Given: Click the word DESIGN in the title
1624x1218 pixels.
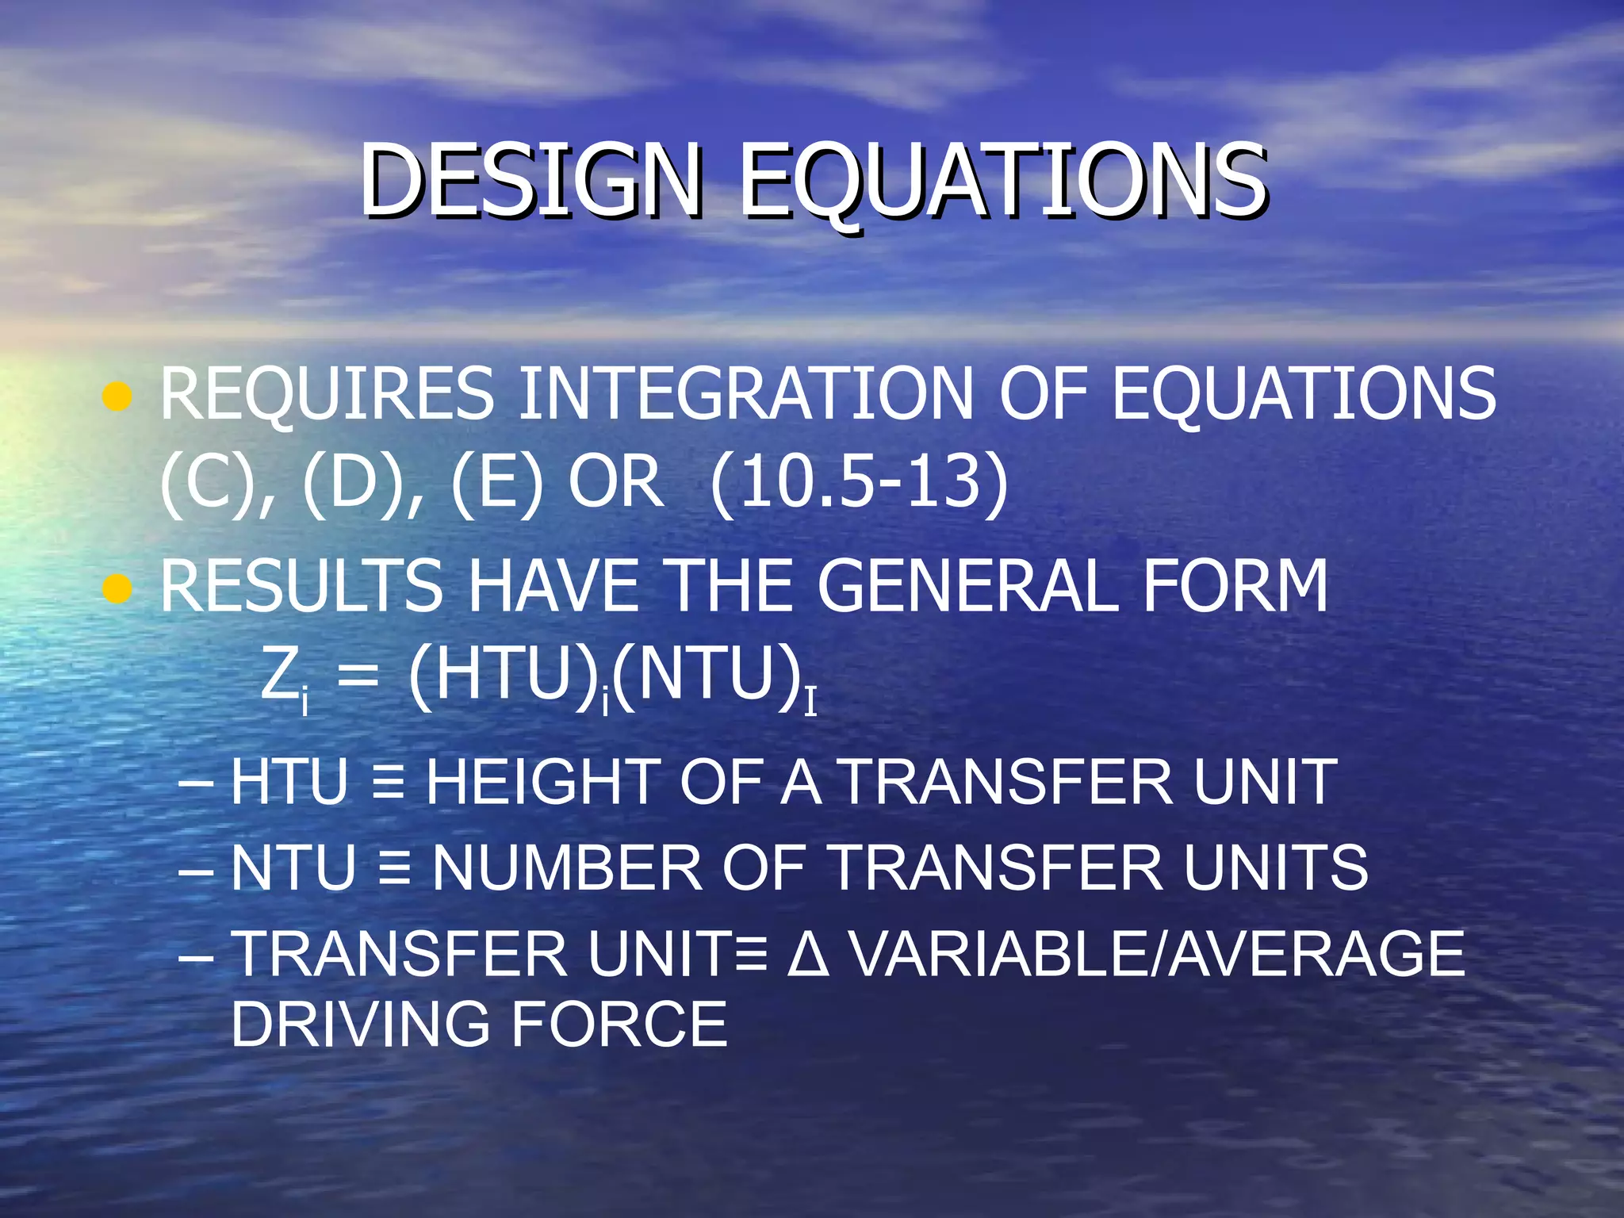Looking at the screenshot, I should coord(530,181).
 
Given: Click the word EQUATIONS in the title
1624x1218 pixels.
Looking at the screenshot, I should coord(1002,181).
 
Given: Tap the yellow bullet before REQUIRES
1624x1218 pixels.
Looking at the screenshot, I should coord(117,397).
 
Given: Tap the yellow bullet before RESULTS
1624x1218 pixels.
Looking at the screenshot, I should coord(117,589).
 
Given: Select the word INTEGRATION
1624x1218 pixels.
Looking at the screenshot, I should coord(745,394).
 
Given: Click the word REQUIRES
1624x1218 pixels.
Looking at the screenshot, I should coord(327,394).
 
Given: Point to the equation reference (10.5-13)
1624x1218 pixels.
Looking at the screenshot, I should coord(860,484).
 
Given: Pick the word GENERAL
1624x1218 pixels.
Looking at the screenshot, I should coord(967,587).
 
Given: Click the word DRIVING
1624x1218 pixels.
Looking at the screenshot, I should coord(360,1025).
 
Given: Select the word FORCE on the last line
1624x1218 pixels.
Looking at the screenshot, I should coord(619,1025).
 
